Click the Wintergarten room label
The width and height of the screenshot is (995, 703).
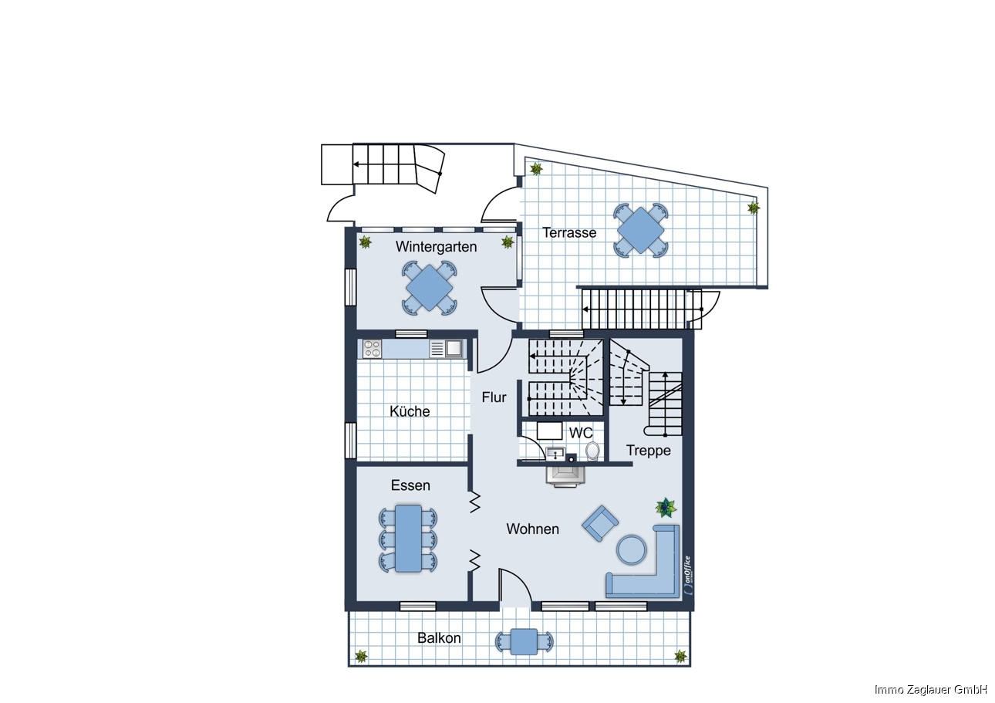[436, 247]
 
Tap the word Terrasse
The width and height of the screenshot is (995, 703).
[569, 232]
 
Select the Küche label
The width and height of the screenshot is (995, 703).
[410, 411]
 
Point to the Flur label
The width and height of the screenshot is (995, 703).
[494, 397]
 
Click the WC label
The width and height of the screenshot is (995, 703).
[581, 432]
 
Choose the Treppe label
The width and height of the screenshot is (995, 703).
[648, 451]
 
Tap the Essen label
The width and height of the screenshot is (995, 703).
[410, 485]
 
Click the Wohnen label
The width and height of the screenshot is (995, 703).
[532, 529]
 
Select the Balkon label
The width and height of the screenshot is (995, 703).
[439, 638]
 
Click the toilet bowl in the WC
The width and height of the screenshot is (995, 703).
[592, 451]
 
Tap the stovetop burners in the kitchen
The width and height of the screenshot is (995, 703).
[373, 349]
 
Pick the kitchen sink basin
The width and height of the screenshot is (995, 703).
[454, 348]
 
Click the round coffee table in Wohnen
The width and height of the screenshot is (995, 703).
[631, 549]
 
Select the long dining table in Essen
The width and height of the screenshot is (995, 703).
[408, 538]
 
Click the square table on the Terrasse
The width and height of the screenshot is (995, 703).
[640, 230]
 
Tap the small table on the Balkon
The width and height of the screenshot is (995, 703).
[524, 642]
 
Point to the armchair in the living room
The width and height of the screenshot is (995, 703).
[599, 523]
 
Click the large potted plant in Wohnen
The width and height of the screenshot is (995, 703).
[666, 508]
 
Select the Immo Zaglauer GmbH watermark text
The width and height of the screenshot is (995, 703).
[930, 690]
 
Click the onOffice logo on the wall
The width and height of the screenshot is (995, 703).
[688, 575]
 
